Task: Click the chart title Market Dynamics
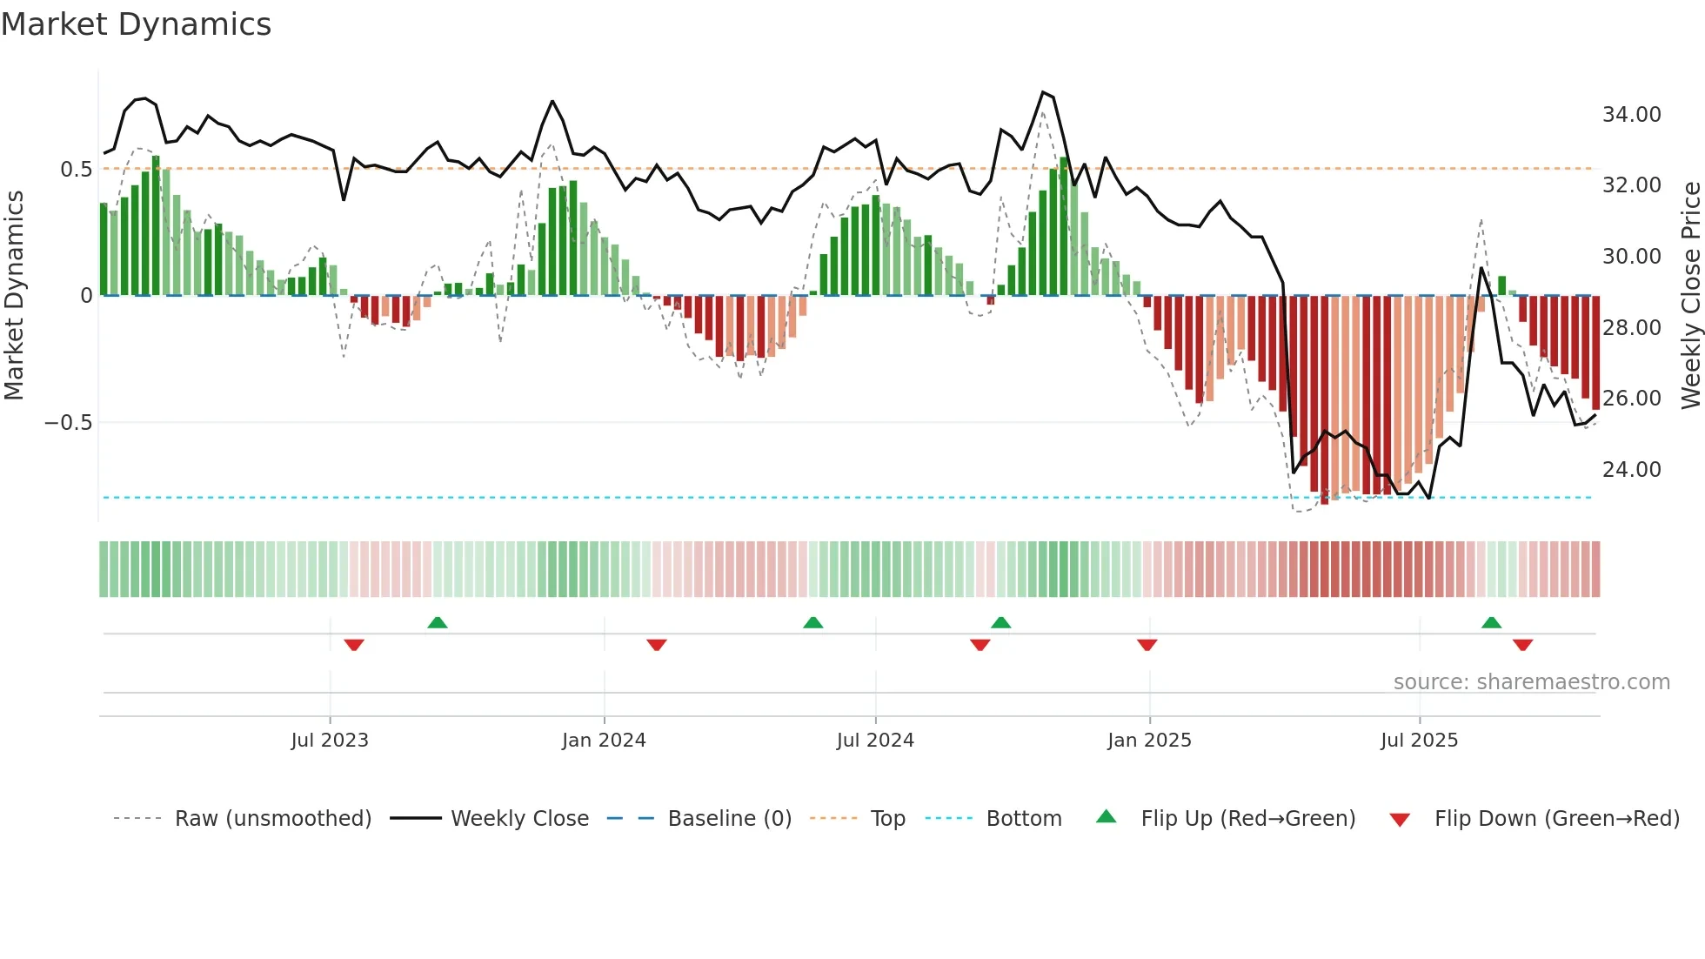point(136,24)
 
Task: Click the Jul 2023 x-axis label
point(330,741)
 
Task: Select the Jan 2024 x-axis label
point(604,741)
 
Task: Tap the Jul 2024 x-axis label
point(875,741)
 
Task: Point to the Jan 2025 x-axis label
point(1149,741)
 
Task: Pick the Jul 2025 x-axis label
point(1419,741)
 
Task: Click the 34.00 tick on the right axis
point(1631,115)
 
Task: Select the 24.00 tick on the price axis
point(1631,470)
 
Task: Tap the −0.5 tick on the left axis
point(68,423)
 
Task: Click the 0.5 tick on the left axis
point(76,170)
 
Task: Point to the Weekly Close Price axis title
point(1690,296)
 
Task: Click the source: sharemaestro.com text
point(1531,682)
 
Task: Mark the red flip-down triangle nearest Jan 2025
point(1147,645)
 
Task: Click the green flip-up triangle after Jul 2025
point(1491,622)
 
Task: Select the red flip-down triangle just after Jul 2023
point(353,645)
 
